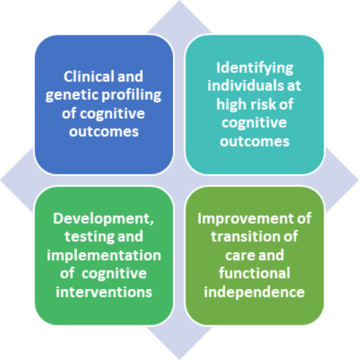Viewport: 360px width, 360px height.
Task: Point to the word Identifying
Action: [254, 68]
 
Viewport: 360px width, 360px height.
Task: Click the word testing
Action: [80, 237]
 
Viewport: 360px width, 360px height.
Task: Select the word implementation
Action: [104, 255]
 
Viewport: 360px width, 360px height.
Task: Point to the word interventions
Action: [104, 291]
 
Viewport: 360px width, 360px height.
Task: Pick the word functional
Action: [254, 273]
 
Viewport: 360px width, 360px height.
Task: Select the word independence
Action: [254, 291]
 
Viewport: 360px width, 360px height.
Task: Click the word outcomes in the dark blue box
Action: [104, 131]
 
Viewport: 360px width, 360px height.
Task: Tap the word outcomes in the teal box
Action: [254, 141]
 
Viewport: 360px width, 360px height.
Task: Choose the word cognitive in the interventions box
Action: [114, 273]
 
